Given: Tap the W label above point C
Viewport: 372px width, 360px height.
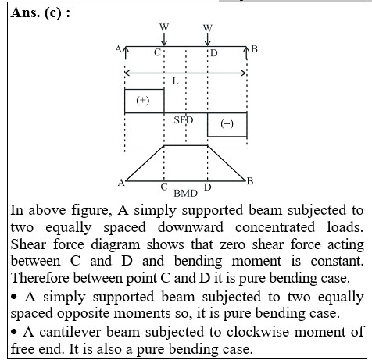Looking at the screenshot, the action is pos(164,27).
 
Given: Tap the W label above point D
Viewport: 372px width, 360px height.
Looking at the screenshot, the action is pos(208,28).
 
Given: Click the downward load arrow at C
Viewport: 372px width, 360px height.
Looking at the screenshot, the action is pos(164,39).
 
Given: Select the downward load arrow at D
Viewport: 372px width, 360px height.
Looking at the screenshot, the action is pos(208,39).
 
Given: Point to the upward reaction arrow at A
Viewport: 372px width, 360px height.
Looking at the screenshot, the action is pos(125,53).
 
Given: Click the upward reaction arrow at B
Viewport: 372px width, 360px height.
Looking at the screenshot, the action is pos(247,53).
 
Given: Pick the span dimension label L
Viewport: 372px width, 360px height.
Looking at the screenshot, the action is pos(176,81).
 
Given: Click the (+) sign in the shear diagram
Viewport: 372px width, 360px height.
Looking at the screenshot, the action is pos(143,101).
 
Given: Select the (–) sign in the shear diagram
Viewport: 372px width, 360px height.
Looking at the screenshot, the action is pos(227,123).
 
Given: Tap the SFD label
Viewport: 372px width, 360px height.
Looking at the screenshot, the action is pos(184,120).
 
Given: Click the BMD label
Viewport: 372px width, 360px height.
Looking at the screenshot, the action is pos(185,194).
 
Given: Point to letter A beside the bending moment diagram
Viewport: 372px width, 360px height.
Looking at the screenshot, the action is pos(121,183).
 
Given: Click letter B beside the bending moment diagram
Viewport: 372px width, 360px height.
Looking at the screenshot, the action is pos(250,181).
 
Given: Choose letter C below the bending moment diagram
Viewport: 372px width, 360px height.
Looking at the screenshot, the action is pos(164,187).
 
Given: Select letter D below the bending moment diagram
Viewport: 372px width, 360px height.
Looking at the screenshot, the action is pos(208,187).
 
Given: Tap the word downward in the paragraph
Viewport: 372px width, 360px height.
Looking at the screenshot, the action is pos(191,227).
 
